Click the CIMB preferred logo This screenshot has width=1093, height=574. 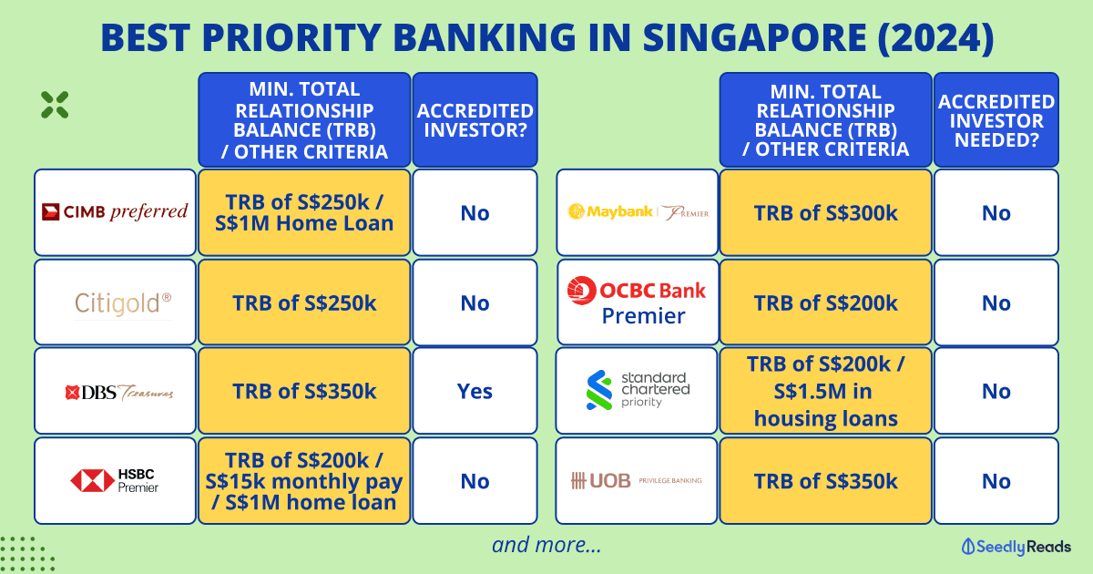[x=115, y=211]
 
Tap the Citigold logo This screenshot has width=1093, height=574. [x=123, y=303]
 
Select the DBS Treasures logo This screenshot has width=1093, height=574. [x=119, y=392]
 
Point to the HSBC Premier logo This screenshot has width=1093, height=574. [x=115, y=481]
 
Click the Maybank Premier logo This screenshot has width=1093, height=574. [x=638, y=211]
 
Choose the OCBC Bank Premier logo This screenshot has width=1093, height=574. [x=637, y=301]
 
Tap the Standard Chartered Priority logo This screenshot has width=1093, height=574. [x=638, y=390]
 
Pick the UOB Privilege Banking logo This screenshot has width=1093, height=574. [x=637, y=481]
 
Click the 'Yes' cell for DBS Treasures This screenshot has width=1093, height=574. [x=475, y=391]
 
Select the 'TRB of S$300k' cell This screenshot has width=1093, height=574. [x=825, y=213]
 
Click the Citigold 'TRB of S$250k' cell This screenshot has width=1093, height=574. [x=304, y=302]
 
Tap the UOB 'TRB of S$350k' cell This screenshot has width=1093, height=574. [x=825, y=481]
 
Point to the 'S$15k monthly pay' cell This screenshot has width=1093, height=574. [x=304, y=481]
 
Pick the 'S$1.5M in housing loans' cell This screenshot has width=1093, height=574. [x=825, y=391]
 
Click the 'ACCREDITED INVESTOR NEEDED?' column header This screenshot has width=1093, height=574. [x=996, y=120]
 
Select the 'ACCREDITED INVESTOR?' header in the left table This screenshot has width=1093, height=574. [x=475, y=120]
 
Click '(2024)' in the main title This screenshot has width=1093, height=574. [x=935, y=37]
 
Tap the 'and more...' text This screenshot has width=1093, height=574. [x=546, y=545]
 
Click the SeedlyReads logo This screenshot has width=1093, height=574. [x=1016, y=547]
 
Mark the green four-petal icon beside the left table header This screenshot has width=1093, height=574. [x=55, y=105]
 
